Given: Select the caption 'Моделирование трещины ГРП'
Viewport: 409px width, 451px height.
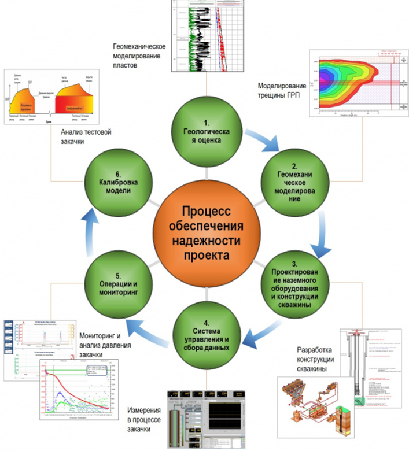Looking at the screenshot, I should tap(283, 91).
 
